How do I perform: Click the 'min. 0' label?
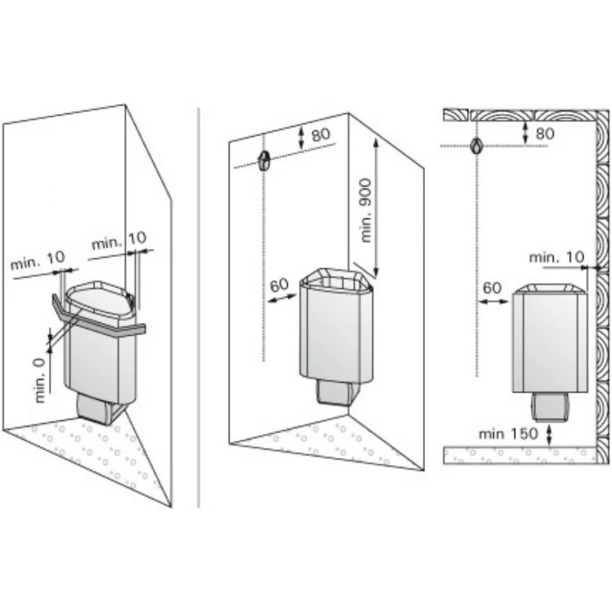click(x=41, y=380)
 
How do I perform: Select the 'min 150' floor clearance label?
click(x=508, y=434)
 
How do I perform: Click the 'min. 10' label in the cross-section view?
click(x=557, y=257)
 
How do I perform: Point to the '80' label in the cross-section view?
click(x=545, y=133)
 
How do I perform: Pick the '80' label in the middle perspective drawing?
click(x=321, y=135)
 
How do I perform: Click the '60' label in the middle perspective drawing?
click(x=279, y=285)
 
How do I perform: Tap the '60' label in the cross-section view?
click(x=492, y=288)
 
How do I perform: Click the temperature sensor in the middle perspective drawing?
click(x=263, y=160)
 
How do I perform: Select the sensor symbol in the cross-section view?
click(x=477, y=145)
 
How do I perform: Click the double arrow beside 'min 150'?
click(x=549, y=435)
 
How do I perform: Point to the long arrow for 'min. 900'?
click(x=376, y=207)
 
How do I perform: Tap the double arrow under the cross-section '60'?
click(x=493, y=301)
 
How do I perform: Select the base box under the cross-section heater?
click(x=549, y=407)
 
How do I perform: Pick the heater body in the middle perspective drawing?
click(x=336, y=326)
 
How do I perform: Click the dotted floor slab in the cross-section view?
click(x=520, y=455)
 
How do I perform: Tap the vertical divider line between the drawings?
click(x=199, y=308)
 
